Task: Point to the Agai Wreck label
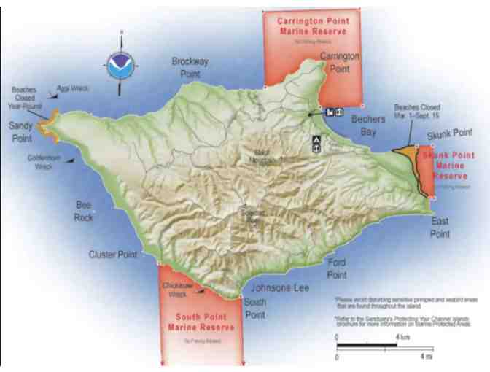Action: coord(77,88)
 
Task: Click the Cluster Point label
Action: coord(113,255)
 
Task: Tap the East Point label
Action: coord(440,227)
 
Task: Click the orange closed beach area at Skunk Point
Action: coord(406,152)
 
